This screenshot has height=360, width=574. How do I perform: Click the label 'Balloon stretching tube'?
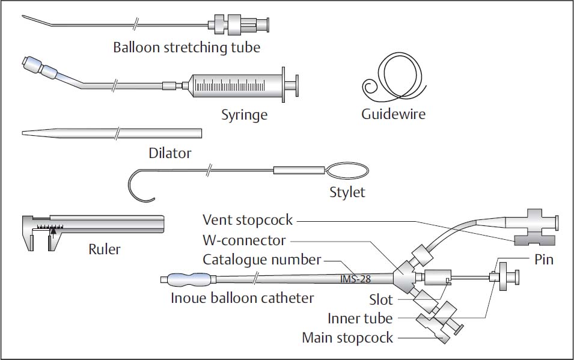click(x=186, y=47)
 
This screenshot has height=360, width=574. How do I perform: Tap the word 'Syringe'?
click(x=243, y=114)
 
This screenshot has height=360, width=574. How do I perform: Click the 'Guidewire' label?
click(x=393, y=114)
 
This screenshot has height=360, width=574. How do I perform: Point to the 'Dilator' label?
click(x=170, y=153)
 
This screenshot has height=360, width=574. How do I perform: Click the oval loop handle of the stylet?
click(x=347, y=171)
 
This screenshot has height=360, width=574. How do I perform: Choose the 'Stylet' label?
click(x=347, y=193)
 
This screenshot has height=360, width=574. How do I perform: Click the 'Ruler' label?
click(x=104, y=249)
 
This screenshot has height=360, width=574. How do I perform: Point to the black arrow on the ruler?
click(x=53, y=230)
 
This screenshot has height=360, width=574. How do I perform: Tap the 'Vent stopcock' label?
click(x=248, y=220)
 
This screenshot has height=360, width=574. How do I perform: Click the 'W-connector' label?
click(x=244, y=240)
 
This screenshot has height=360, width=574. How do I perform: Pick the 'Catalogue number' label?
click(x=261, y=260)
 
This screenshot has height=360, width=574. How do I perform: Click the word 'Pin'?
click(x=544, y=260)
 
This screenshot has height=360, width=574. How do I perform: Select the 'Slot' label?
click(x=381, y=299)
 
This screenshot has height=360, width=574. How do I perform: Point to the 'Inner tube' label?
click(x=360, y=319)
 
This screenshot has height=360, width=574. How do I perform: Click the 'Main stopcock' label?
click(x=347, y=338)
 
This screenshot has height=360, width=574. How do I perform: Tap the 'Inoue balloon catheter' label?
click(x=242, y=297)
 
